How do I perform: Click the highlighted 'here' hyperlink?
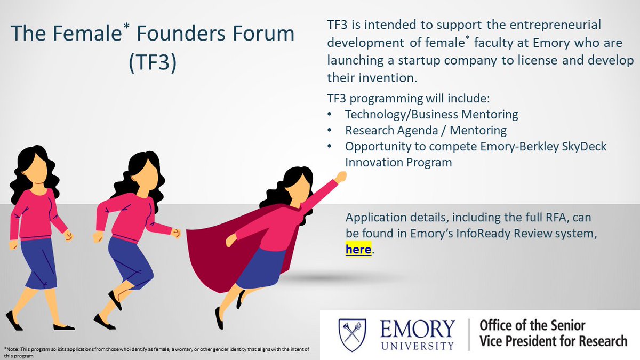[x=358, y=249]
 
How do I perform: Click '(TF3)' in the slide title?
[x=152, y=62]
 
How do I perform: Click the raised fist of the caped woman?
[x=340, y=176]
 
